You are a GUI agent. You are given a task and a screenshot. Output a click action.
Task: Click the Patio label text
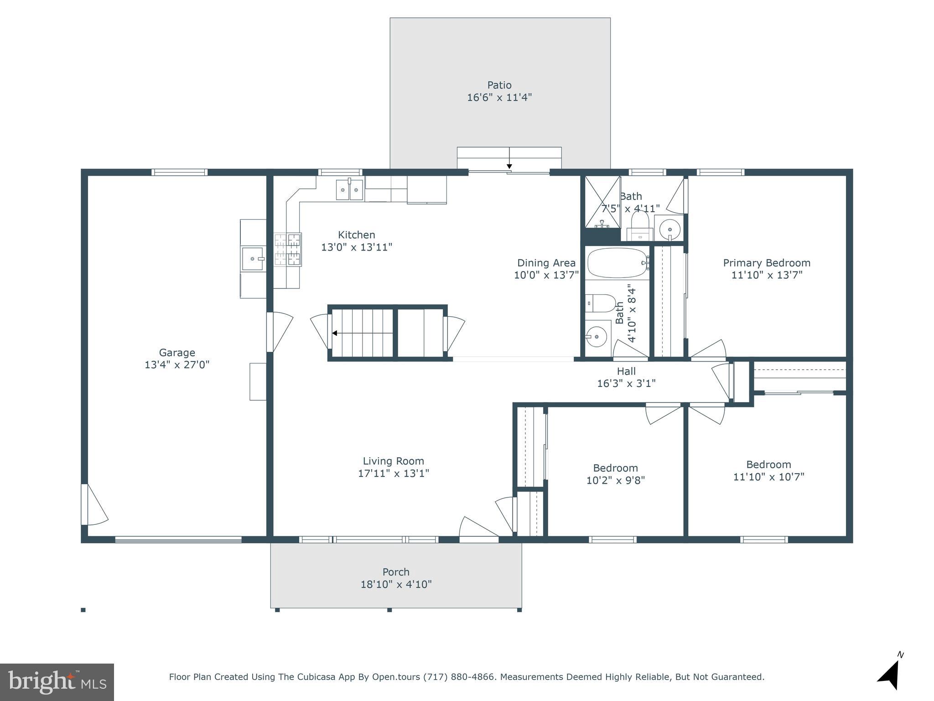pyautogui.click(x=499, y=85)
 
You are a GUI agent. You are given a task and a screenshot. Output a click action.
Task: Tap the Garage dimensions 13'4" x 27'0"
pyautogui.click(x=177, y=365)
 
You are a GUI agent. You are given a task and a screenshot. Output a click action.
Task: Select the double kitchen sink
pyautogui.click(x=349, y=190)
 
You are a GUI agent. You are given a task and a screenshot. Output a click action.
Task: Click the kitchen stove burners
pyautogui.click(x=288, y=250)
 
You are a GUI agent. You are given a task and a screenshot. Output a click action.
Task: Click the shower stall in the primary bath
pyautogui.click(x=602, y=201)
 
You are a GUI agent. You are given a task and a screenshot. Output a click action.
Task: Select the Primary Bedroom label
pyautogui.click(x=767, y=263)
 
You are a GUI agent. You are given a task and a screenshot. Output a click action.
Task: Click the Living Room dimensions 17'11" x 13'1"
pyautogui.click(x=393, y=473)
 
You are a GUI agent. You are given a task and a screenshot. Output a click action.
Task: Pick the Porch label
pyautogui.click(x=396, y=572)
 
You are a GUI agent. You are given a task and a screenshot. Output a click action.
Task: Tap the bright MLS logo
pyautogui.click(x=57, y=682)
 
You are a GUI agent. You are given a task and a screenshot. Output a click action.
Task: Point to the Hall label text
pyautogui.click(x=626, y=371)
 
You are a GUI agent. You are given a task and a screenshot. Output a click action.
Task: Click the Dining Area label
pyautogui.click(x=546, y=263)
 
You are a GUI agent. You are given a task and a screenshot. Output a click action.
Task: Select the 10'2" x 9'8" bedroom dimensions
pyautogui.click(x=615, y=481)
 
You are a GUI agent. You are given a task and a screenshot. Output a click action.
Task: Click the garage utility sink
pyautogui.click(x=253, y=259)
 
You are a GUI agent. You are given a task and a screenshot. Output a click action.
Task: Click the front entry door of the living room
pyautogui.click(x=479, y=529)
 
